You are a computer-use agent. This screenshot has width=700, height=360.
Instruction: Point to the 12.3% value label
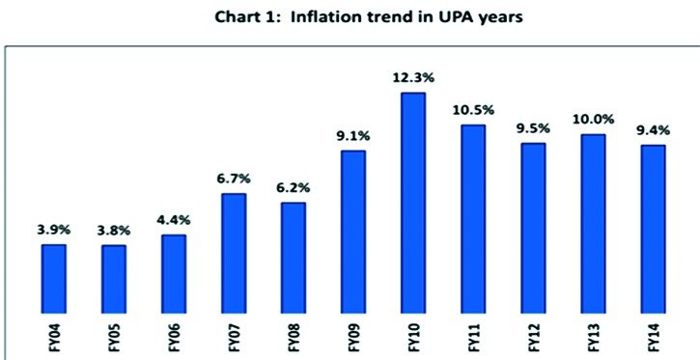tap(413, 78)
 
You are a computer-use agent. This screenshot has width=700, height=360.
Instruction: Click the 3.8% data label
tap(113, 231)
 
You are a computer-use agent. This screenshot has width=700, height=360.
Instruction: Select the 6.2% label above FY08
tap(294, 188)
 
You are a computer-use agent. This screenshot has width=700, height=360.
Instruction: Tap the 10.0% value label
tap(593, 120)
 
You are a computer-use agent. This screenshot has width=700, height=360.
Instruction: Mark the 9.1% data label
tap(353, 136)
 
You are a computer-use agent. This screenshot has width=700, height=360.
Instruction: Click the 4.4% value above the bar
tap(174, 220)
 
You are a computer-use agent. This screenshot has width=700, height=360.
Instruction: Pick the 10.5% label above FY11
tap(473, 110)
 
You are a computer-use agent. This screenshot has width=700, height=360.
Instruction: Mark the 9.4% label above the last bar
tap(653, 130)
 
